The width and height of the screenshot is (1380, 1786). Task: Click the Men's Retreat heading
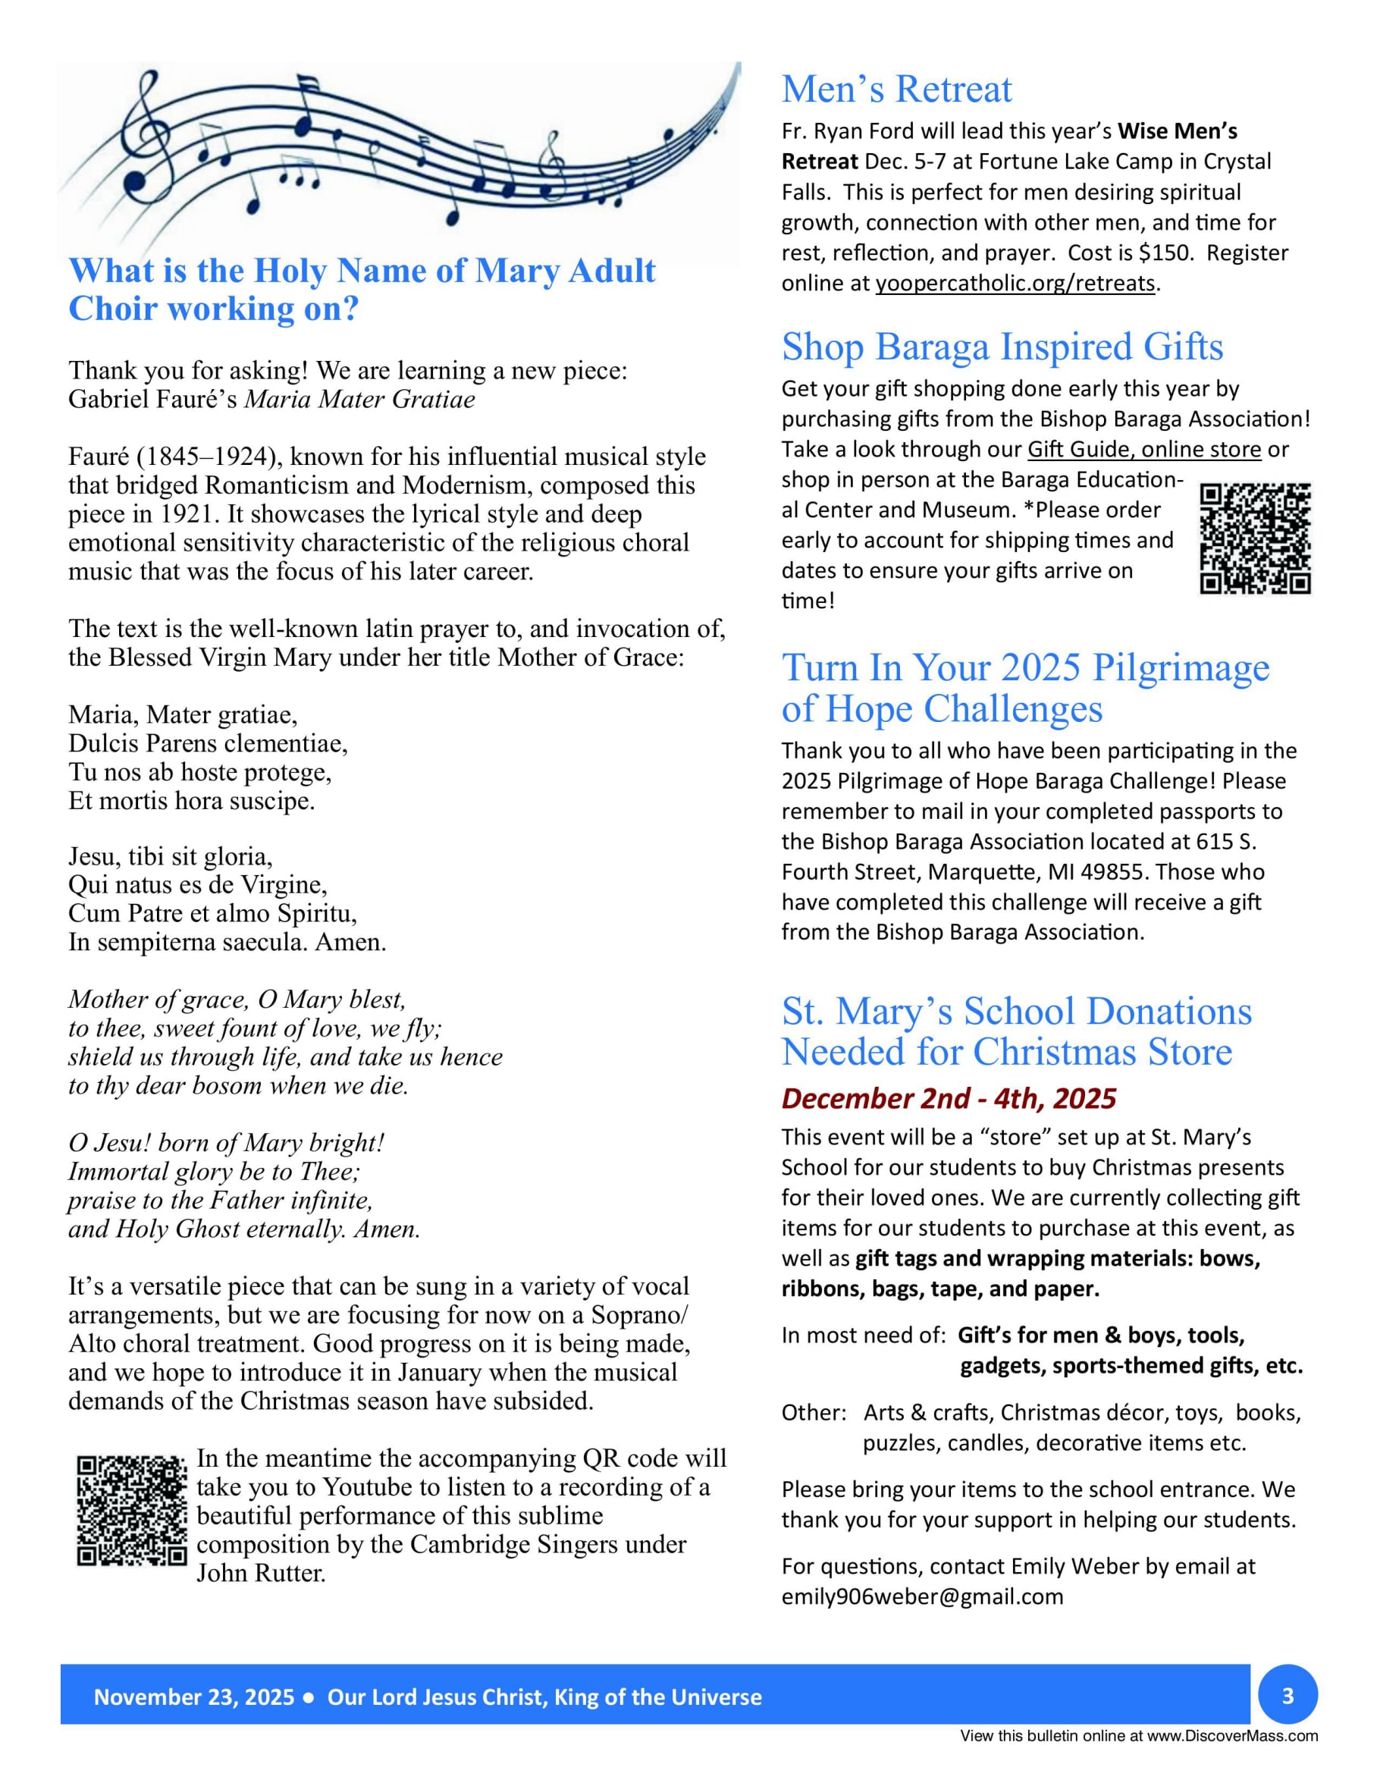(896, 89)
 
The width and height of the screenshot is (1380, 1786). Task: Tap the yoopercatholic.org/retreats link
(1015, 283)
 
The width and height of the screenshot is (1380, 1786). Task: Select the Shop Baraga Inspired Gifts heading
(1002, 347)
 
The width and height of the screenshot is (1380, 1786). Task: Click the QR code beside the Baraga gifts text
(1255, 538)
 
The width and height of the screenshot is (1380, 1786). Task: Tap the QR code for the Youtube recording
(132, 1511)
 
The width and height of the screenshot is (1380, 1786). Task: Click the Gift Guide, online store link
(1143, 450)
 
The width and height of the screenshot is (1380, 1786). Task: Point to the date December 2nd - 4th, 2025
(949, 1098)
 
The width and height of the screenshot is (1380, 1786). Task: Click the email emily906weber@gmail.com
(922, 1597)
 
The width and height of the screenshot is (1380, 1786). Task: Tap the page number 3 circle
(1287, 1696)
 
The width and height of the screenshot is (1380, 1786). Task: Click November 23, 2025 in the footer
(194, 1698)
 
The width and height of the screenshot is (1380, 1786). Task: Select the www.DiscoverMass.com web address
(1232, 1736)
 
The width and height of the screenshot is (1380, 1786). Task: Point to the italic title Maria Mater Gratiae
(359, 399)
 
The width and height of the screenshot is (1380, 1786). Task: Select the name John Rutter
(261, 1573)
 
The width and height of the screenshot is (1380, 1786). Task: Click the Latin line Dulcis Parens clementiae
(208, 743)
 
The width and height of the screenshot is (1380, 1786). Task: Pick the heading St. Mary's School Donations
(1016, 1012)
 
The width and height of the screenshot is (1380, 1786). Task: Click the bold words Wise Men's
(1178, 132)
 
